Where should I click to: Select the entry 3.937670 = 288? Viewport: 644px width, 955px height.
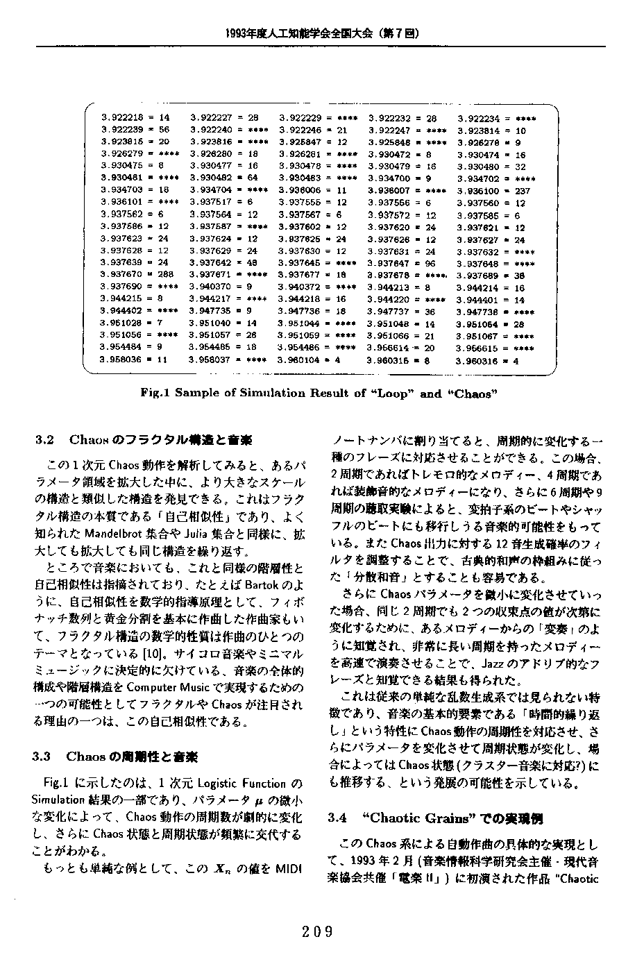tap(136, 275)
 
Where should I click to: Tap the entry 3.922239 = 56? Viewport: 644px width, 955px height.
tap(135, 130)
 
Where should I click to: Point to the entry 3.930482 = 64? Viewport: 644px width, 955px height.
tap(223, 178)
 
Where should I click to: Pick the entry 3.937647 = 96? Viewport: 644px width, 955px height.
tap(402, 263)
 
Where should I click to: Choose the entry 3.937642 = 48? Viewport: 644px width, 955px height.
tap(223, 263)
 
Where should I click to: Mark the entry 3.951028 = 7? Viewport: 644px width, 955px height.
tap(132, 323)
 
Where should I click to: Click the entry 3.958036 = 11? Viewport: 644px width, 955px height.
tap(135, 360)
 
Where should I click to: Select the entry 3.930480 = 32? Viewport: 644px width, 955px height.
tap(491, 167)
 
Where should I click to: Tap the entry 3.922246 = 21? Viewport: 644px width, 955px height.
tap(313, 130)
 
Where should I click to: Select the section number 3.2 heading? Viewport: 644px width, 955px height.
tap(44, 440)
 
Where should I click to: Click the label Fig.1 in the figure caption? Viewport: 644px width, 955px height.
tap(155, 393)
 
